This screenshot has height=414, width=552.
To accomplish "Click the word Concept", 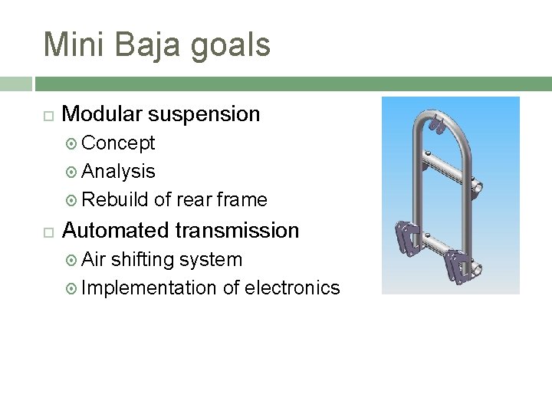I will click(118, 143).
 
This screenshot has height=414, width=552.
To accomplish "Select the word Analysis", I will click(118, 172).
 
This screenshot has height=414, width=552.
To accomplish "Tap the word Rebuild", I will click(115, 200).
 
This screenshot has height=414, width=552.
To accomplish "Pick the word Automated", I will click(116, 230).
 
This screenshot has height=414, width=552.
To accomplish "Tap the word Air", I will click(94, 260).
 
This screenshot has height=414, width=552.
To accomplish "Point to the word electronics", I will click(292, 288).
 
